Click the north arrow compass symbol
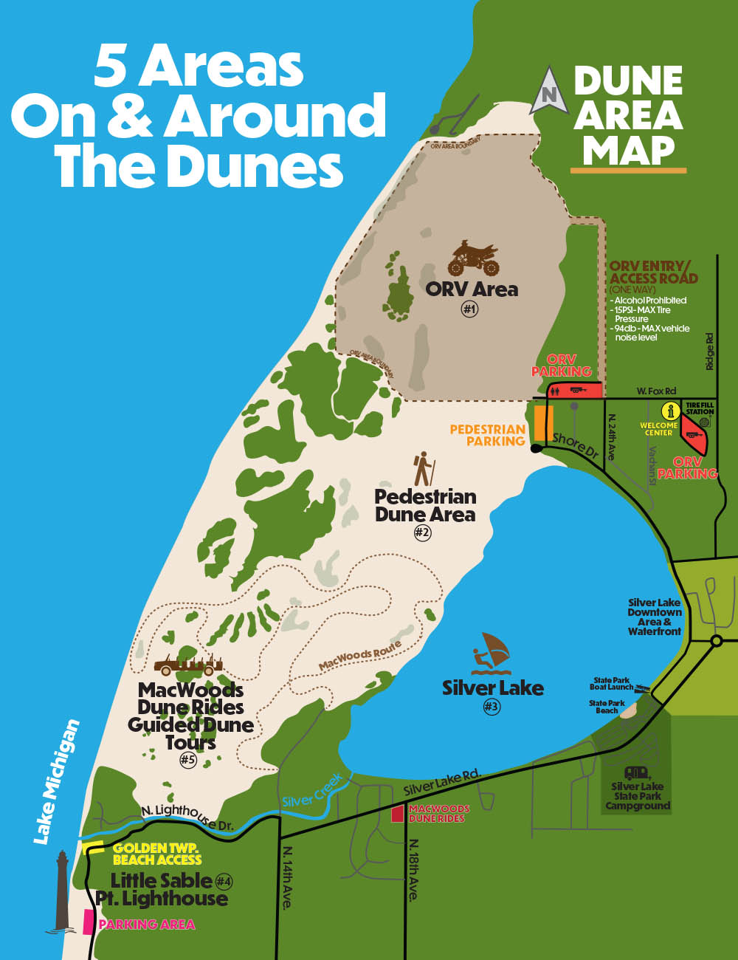(548, 89)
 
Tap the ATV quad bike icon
(473, 258)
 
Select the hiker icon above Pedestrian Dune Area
(424, 469)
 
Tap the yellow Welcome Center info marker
(670, 411)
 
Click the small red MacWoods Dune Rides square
(398, 814)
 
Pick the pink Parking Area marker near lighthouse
(89, 922)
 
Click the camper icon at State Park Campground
(637, 772)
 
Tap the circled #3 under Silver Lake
(492, 707)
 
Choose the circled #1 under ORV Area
(470, 309)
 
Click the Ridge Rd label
(709, 352)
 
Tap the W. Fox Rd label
(657, 391)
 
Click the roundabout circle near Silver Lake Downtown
(715, 640)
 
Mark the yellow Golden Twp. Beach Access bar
(93, 847)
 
